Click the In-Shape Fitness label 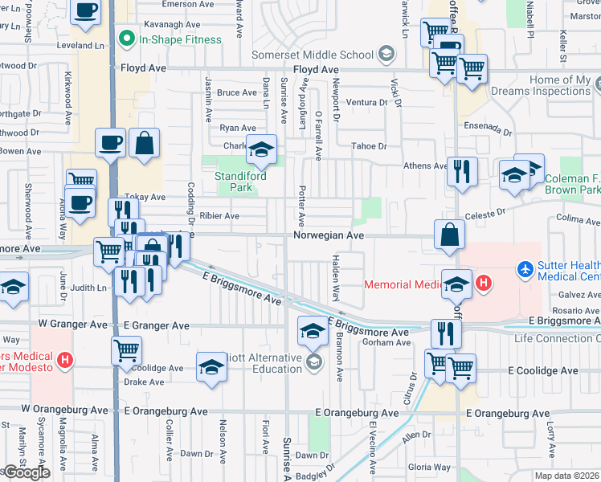[x=180, y=39]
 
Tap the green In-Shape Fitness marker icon [x=126, y=39]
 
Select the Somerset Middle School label [x=313, y=55]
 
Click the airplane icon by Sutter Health [x=525, y=268]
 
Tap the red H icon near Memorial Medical [x=484, y=283]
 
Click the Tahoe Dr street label [x=370, y=146]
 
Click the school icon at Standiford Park [x=260, y=150]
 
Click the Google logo [x=27, y=472]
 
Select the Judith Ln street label [x=88, y=287]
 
